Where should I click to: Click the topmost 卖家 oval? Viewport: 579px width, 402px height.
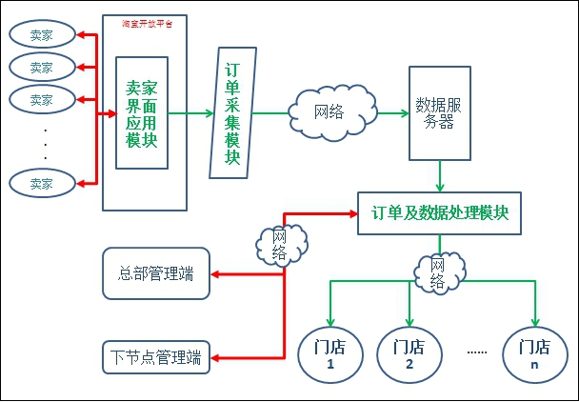point(41,36)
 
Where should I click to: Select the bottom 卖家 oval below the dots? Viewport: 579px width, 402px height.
point(41,183)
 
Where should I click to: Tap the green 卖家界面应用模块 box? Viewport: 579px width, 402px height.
point(142,112)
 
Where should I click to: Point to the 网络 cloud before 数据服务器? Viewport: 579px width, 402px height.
point(328,112)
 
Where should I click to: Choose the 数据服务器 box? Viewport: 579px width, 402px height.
point(439,112)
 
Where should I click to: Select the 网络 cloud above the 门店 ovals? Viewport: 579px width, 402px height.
point(438,272)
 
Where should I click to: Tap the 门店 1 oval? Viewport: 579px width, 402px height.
point(329,355)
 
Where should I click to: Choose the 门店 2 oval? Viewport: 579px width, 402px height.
point(409,355)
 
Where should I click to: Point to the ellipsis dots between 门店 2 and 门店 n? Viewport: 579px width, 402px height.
point(477,352)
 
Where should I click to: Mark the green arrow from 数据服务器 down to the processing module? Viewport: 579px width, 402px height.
point(439,176)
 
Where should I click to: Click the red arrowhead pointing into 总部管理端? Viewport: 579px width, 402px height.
point(215,274)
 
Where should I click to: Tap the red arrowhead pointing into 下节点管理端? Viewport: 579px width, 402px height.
point(215,358)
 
